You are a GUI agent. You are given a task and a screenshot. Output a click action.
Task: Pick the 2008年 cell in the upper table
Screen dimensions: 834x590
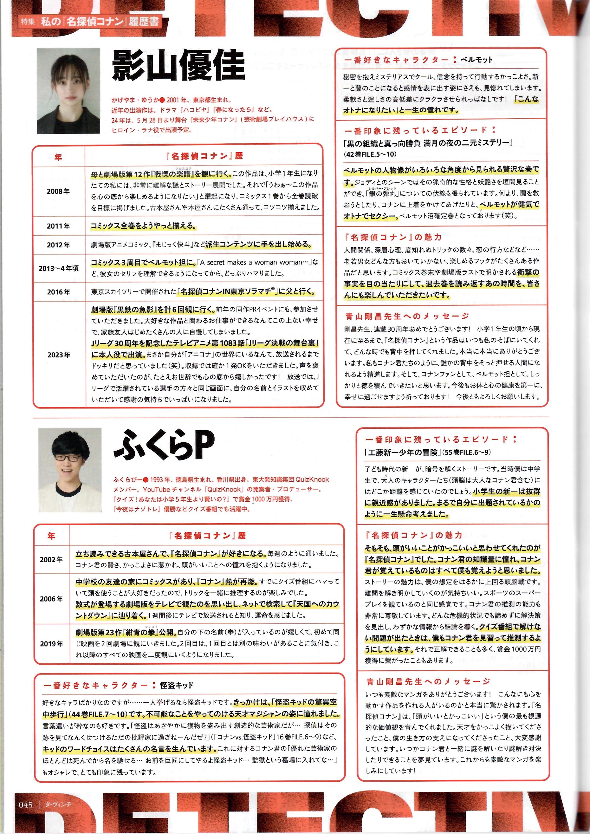point(58,191)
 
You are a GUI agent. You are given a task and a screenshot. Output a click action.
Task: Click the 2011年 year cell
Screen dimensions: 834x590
point(58,226)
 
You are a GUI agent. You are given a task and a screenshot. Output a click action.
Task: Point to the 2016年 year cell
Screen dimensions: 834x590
point(58,292)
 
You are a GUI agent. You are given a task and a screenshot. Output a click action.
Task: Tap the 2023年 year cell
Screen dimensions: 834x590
point(58,355)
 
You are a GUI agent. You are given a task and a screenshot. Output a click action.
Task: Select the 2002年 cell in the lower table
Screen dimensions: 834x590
point(51,560)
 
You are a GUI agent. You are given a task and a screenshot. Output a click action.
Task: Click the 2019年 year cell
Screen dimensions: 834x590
point(51,644)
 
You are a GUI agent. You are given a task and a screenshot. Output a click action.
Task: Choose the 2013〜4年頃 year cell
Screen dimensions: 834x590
point(58,268)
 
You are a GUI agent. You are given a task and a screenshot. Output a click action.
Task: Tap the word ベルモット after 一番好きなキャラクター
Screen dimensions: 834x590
point(476,60)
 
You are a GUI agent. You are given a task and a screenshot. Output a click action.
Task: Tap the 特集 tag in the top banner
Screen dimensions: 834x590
point(27,22)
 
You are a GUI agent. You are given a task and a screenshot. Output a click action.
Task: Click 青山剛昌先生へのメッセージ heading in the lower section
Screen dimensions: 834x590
point(428,682)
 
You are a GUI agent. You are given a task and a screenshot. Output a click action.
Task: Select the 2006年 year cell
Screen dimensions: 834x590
point(51,599)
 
